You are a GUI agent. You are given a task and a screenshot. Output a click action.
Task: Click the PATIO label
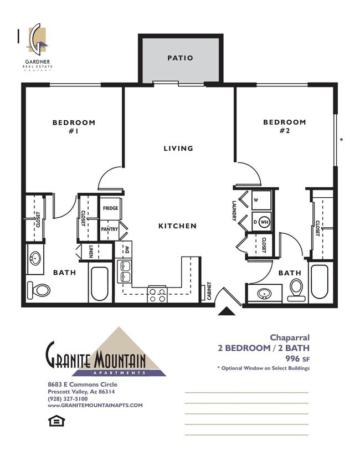[180, 58]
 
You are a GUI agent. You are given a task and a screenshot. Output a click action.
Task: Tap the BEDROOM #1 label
[74, 126]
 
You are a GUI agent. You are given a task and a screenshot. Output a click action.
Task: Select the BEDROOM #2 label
[284, 126]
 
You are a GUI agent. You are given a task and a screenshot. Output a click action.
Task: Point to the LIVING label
[178, 148]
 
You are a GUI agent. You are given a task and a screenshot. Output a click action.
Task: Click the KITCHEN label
[177, 226]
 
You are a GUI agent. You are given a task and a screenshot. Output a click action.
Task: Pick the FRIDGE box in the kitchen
[110, 209]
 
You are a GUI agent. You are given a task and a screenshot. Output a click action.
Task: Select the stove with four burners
[157, 294]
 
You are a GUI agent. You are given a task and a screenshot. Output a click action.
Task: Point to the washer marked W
[256, 199]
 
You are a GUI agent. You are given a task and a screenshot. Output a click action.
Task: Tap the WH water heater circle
[264, 222]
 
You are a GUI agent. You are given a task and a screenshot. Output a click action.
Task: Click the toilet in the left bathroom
[39, 290]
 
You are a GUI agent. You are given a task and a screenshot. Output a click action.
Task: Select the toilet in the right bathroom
[297, 289]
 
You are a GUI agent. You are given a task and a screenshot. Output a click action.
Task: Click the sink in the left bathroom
[36, 258]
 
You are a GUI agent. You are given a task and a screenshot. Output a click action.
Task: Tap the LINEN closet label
[90, 251]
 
